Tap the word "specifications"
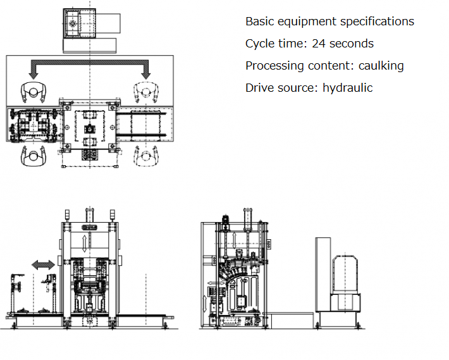tap(377, 22)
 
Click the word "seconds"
tap(352, 44)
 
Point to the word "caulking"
tap(381, 66)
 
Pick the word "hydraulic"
tap(347, 88)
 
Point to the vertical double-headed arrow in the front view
tap(86, 242)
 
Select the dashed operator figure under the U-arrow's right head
tap(147, 92)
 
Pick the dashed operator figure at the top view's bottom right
tap(147, 155)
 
